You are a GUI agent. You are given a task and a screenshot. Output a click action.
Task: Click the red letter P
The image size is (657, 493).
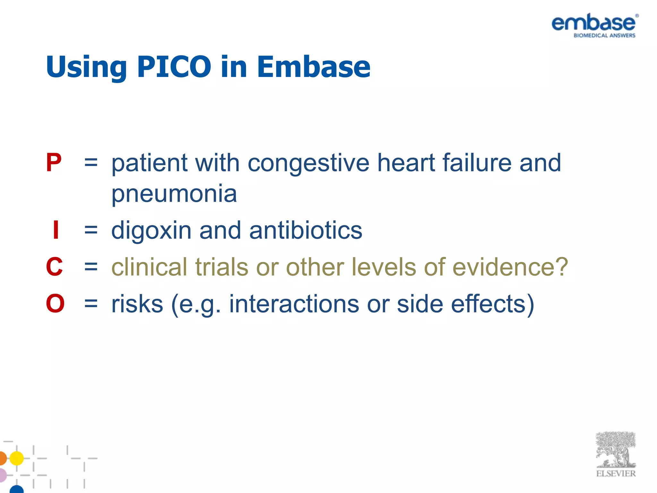54,163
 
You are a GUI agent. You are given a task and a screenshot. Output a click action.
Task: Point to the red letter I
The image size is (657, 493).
56,230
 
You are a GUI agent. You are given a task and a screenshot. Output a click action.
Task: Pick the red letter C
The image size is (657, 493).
54,267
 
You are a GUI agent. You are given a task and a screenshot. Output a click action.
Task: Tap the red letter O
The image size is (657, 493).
55,303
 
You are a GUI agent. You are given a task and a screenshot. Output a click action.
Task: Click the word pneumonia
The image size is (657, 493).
174,194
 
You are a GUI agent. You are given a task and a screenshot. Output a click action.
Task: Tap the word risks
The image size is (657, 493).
137,303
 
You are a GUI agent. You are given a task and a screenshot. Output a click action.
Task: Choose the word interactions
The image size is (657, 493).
294,303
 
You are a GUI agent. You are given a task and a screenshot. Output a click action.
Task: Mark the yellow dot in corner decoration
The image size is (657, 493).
17,458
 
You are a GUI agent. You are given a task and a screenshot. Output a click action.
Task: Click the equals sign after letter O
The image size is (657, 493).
91,303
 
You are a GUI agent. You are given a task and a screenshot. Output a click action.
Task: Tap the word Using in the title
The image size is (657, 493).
86,67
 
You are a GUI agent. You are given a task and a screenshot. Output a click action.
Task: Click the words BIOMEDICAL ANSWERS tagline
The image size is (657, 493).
604,36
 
